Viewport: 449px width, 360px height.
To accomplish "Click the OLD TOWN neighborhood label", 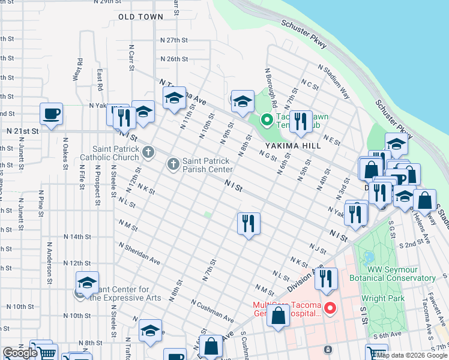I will pyautogui.click(x=140, y=17).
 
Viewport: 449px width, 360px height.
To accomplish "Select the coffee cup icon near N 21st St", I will pyautogui.click(x=52, y=113).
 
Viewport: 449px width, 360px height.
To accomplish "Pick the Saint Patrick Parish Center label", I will pyautogui.click(x=207, y=165).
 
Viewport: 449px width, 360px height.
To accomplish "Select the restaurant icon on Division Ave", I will pyautogui.click(x=326, y=279).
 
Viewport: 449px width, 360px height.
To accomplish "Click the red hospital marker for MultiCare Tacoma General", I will pyautogui.click(x=330, y=309).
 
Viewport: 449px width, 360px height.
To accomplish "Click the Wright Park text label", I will pyautogui.click(x=382, y=298).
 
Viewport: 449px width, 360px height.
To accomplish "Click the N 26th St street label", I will pyautogui.click(x=174, y=59).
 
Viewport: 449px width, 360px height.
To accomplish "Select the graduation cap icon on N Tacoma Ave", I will pyautogui.click(x=174, y=98).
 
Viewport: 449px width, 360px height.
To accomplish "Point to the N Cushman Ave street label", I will pyautogui.click(x=212, y=309).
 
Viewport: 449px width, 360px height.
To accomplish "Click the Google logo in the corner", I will pyautogui.click(x=20, y=353).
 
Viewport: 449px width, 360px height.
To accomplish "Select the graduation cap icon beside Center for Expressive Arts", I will pyautogui.click(x=87, y=283).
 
